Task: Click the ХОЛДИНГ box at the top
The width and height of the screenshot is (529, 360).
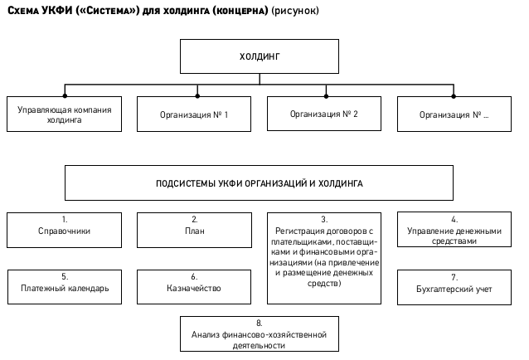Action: tap(259, 56)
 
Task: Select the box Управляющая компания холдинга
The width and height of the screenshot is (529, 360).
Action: tap(64, 114)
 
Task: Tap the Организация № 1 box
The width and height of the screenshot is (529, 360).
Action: tap(194, 114)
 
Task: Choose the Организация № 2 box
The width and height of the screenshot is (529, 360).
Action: tap(324, 114)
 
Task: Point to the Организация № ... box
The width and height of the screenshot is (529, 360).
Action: tap(454, 114)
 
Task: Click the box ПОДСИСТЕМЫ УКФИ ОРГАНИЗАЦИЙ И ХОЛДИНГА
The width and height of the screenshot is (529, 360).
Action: tap(259, 182)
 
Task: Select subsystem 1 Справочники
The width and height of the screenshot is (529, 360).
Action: tap(64, 230)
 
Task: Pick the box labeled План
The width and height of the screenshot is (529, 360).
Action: tap(194, 230)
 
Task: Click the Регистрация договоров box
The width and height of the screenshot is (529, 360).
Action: tap(324, 258)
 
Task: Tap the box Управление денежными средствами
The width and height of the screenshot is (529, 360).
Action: tap(454, 230)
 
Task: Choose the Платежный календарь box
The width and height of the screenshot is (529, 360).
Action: tap(65, 287)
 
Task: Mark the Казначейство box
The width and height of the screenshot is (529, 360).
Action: tap(194, 287)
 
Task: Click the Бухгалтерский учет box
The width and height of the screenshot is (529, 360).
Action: tap(454, 288)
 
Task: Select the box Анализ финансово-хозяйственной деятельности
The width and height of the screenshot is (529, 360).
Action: tap(259, 333)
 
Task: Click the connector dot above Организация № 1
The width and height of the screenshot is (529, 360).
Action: tap(197, 96)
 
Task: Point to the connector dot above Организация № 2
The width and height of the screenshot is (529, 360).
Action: tap(326, 96)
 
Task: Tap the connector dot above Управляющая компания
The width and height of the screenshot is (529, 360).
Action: tap(65, 96)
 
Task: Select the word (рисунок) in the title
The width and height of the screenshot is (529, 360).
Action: tap(295, 11)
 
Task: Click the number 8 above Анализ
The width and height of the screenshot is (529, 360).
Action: tap(259, 324)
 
